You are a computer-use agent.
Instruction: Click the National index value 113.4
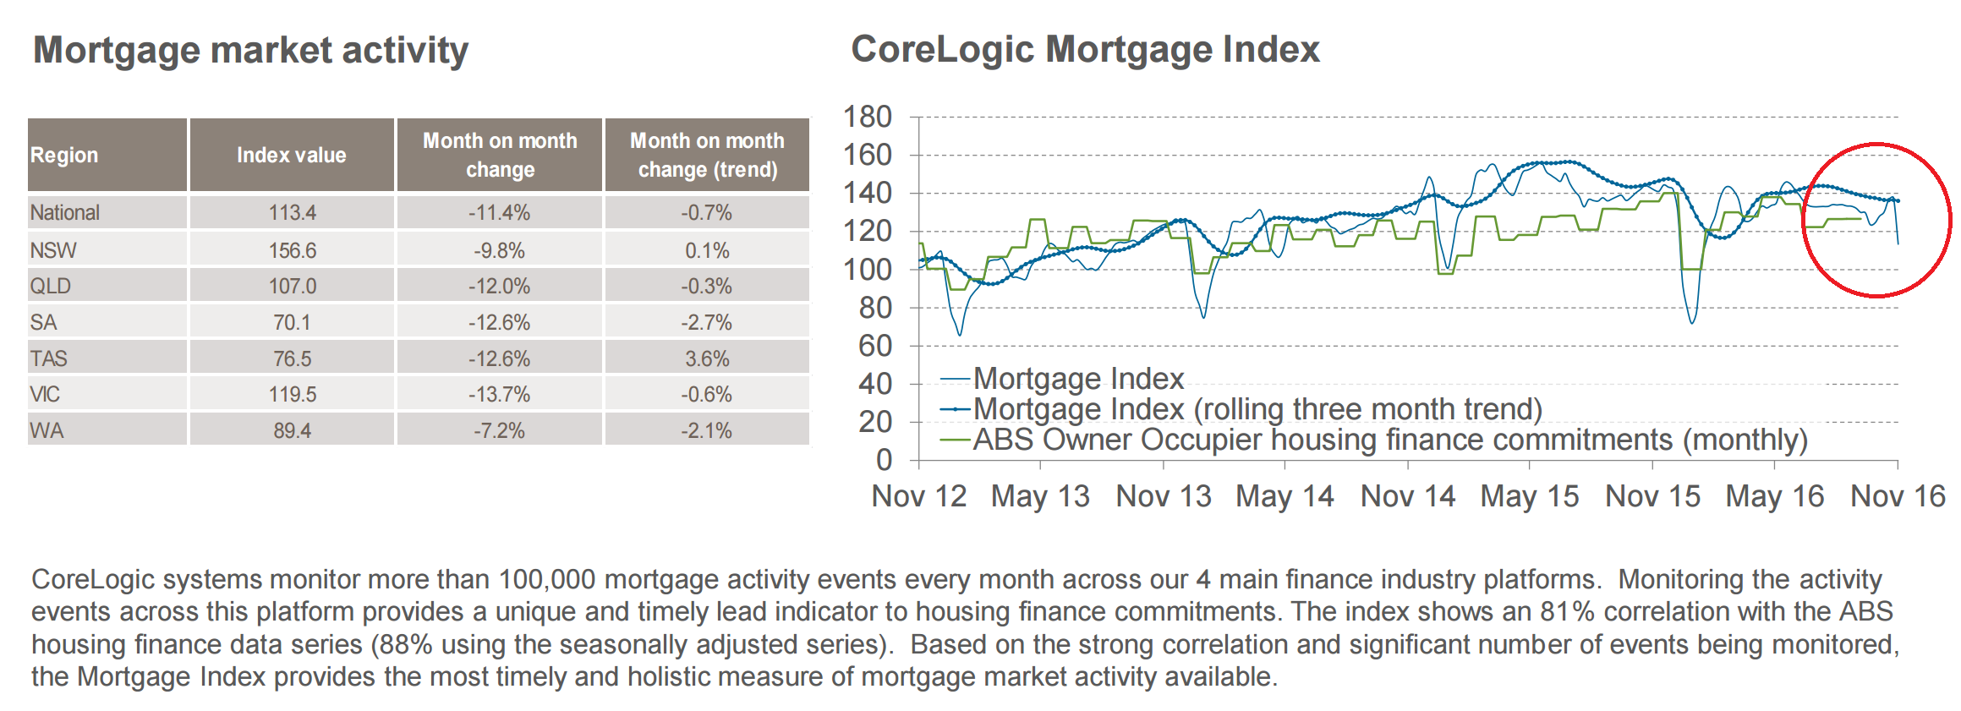pos(292,213)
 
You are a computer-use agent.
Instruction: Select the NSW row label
pos(52,250)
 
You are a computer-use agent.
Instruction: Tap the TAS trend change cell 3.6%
pos(707,358)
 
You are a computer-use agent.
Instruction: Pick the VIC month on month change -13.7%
pos(499,395)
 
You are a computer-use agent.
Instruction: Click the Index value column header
pos(291,156)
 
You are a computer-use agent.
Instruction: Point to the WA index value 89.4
pos(292,431)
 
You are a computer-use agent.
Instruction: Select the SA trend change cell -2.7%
pos(707,322)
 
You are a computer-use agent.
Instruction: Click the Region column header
pos(64,156)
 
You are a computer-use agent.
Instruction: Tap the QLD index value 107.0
pos(292,287)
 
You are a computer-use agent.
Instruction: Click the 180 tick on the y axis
pos(867,117)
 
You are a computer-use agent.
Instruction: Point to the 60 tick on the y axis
pos(875,346)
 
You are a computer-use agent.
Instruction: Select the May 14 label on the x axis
pos(1284,496)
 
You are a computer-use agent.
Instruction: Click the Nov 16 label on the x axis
pos(1897,496)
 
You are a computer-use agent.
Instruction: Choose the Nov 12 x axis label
pos(918,496)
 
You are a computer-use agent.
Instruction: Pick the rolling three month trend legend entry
pos(1257,409)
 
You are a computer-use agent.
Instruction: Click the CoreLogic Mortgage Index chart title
pos(1084,49)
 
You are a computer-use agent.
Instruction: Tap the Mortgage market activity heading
pos(250,51)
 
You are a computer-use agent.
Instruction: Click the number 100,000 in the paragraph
pos(547,580)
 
